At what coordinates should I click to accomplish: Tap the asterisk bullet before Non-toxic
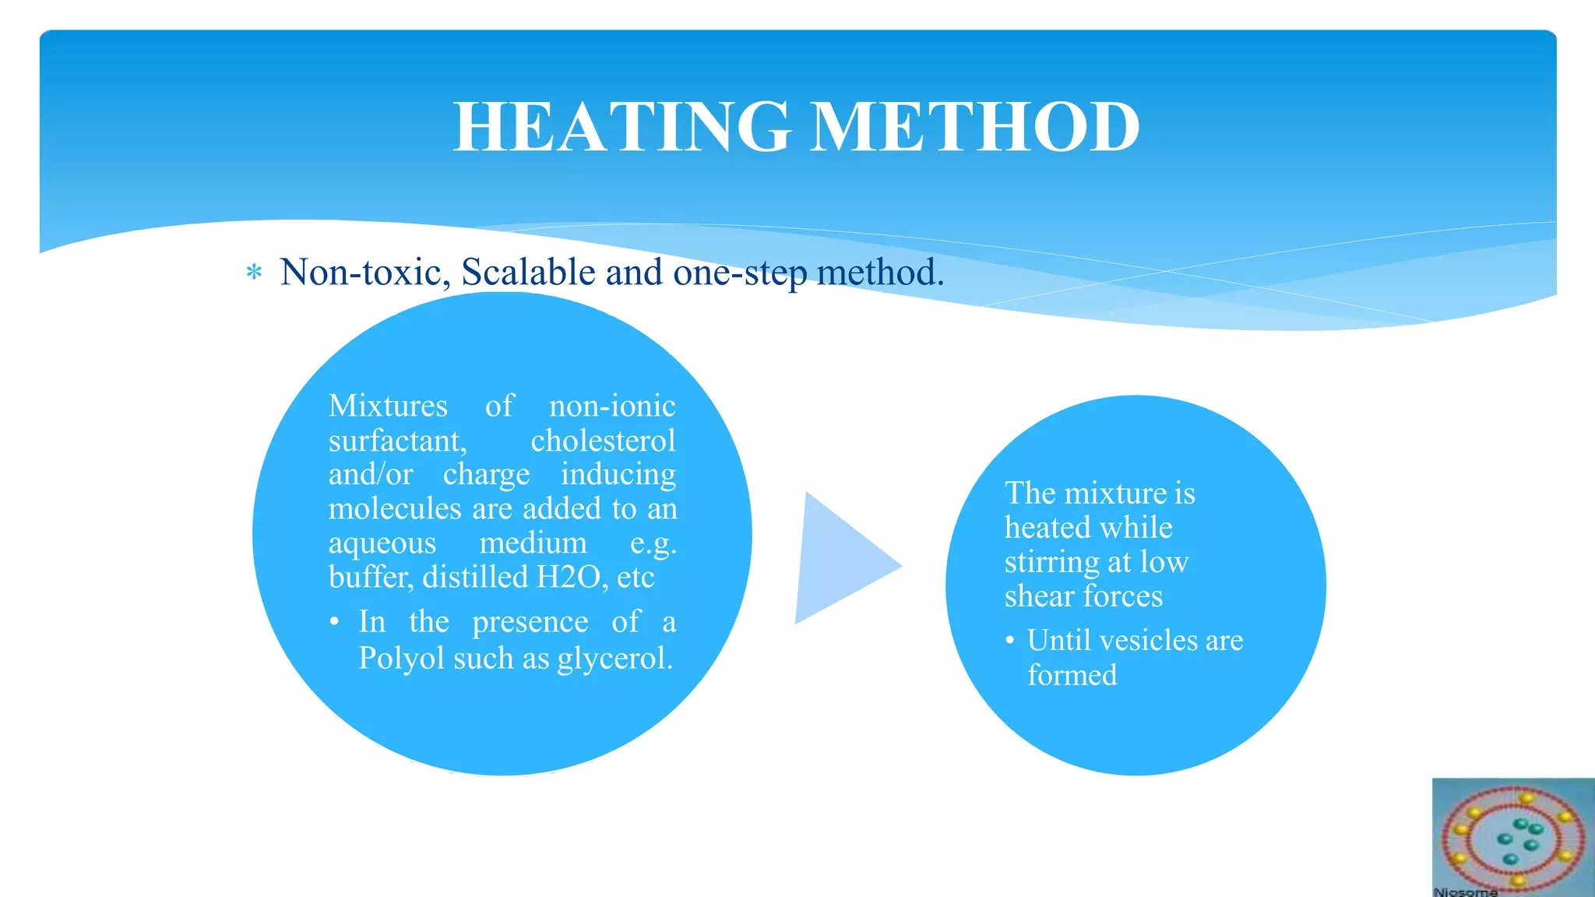click(x=254, y=273)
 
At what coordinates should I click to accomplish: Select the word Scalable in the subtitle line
click(x=529, y=273)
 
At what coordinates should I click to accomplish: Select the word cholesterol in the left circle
click(x=603, y=441)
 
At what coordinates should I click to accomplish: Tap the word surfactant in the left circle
click(x=397, y=441)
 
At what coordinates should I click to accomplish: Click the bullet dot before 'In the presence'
click(x=334, y=622)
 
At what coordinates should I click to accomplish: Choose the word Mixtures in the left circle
click(x=388, y=406)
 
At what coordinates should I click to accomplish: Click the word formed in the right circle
click(x=1072, y=674)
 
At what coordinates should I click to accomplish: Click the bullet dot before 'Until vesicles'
click(x=1010, y=641)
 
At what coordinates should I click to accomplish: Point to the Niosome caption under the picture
click(x=1466, y=892)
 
